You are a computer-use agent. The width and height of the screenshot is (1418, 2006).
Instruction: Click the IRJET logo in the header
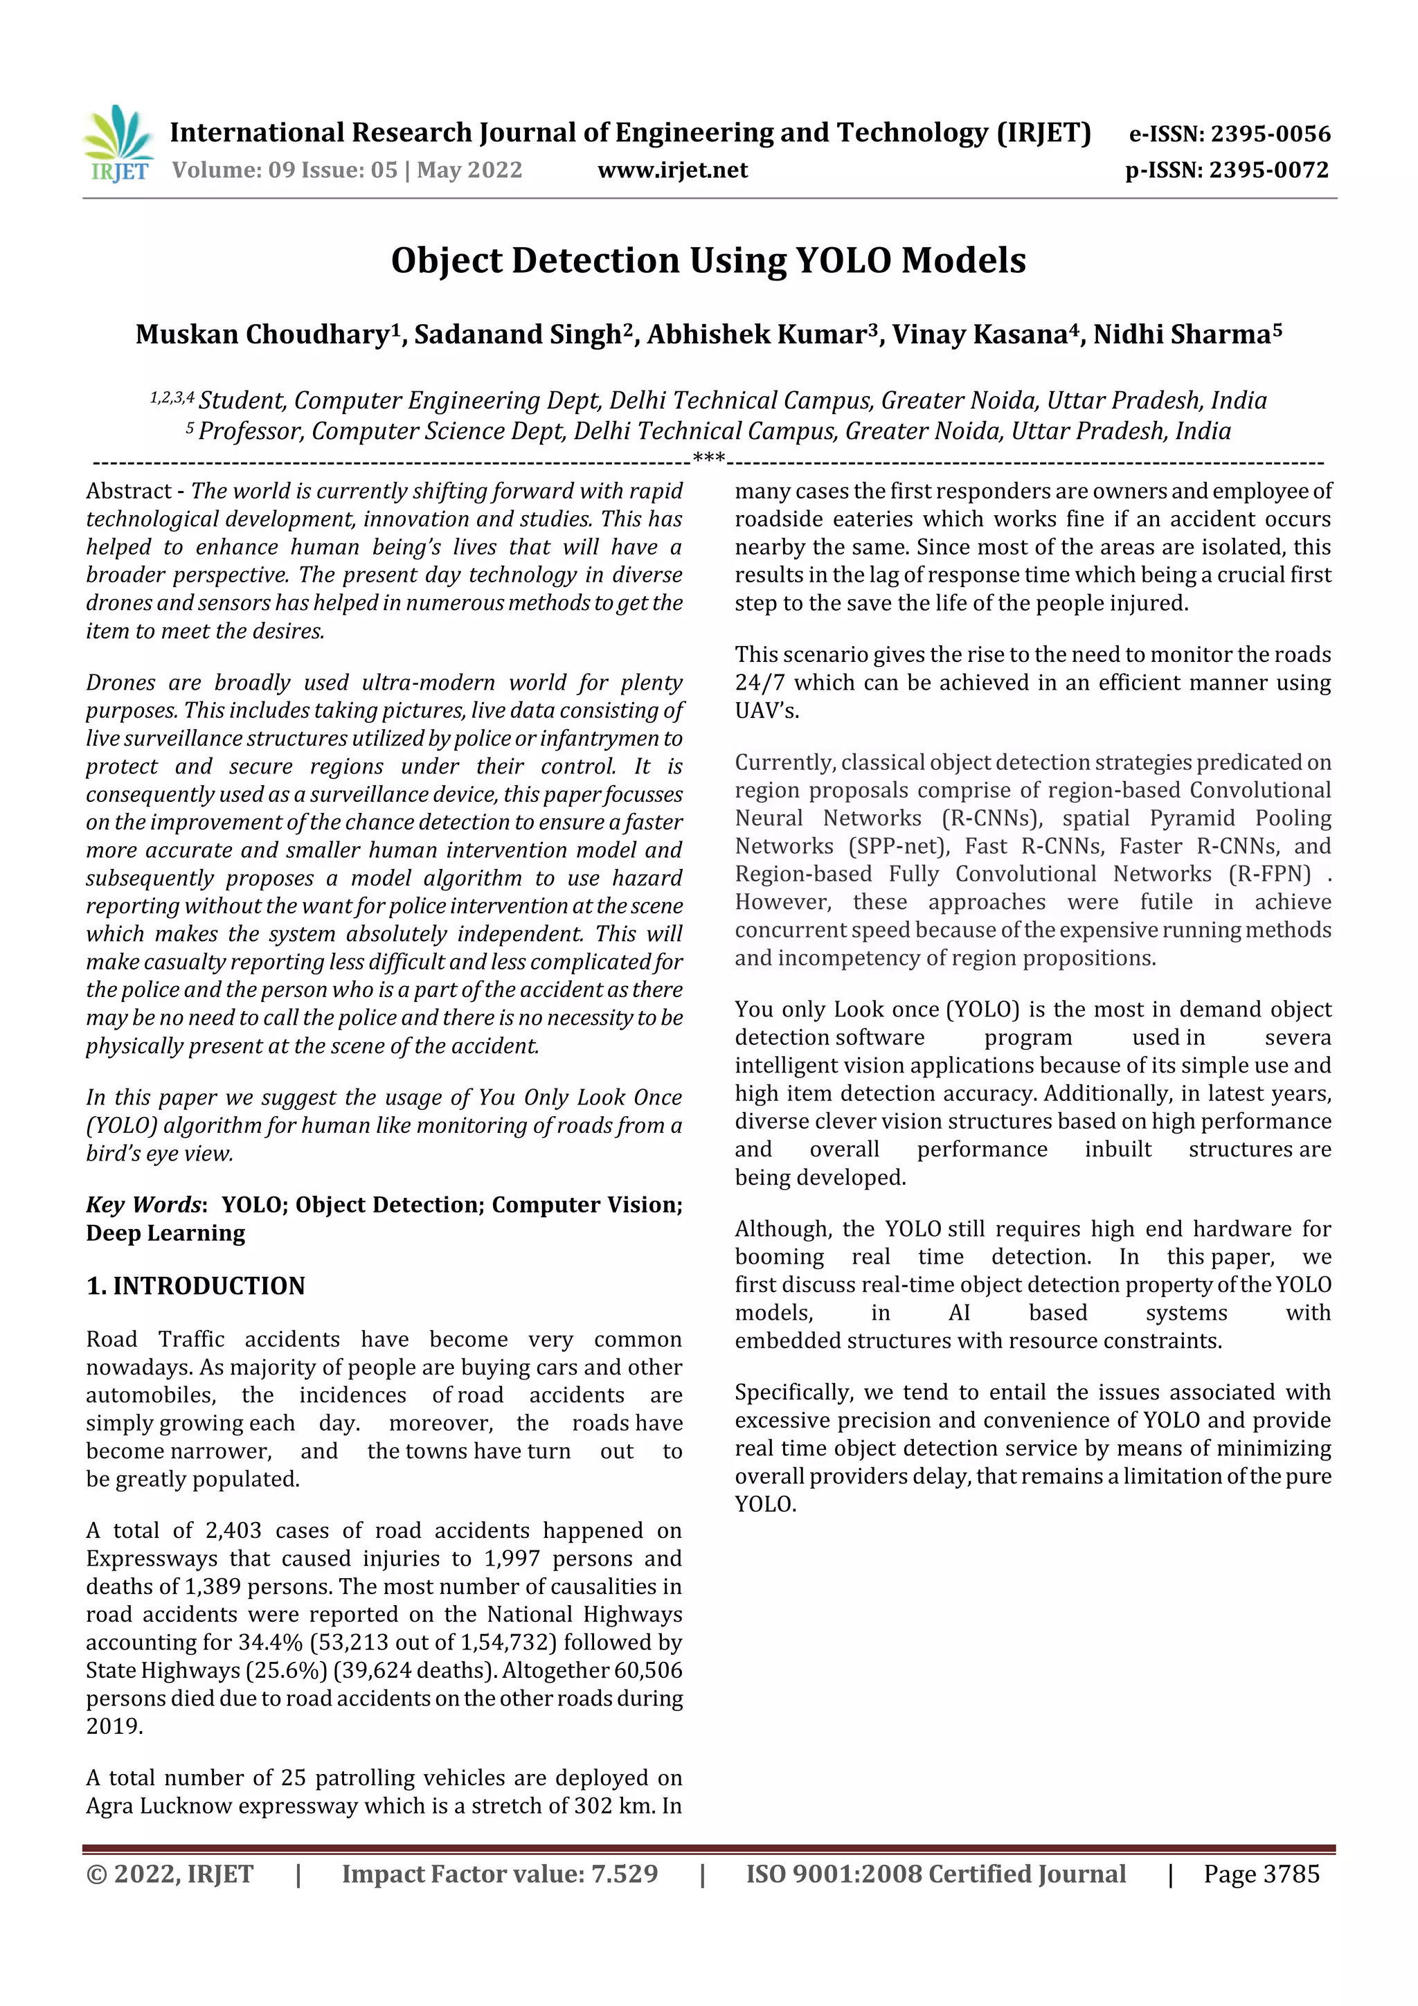click(x=119, y=144)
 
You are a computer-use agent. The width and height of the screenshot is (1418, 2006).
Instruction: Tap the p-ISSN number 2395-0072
click(x=1268, y=170)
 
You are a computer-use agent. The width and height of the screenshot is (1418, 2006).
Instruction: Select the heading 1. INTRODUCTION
click(x=196, y=1285)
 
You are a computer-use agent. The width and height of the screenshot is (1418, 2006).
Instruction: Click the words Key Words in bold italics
click(x=143, y=1204)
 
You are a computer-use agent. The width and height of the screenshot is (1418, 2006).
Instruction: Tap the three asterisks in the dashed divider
click(x=708, y=458)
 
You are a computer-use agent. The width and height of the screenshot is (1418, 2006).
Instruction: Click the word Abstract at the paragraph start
click(x=128, y=491)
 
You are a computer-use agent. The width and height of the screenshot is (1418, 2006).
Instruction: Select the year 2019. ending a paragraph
click(x=114, y=1726)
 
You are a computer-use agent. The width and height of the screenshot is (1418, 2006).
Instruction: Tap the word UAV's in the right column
click(x=766, y=710)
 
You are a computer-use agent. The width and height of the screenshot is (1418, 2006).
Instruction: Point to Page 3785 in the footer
click(x=1261, y=1874)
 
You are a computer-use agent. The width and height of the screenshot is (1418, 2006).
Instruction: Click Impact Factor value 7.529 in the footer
click(x=499, y=1874)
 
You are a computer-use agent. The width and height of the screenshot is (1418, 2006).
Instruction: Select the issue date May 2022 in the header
click(x=469, y=170)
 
